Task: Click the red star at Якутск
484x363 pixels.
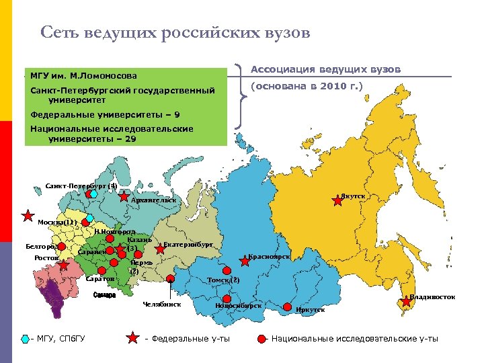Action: (337, 199)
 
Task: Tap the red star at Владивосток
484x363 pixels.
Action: (406, 301)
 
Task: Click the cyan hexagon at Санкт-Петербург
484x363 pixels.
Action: (95, 194)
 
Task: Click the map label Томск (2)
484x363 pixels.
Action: (223, 280)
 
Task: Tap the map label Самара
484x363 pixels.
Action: (105, 295)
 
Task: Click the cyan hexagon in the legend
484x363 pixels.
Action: (25, 339)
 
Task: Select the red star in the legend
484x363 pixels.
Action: (133, 338)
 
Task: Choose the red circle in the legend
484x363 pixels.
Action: (261, 339)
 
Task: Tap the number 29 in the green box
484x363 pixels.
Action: (130, 138)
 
